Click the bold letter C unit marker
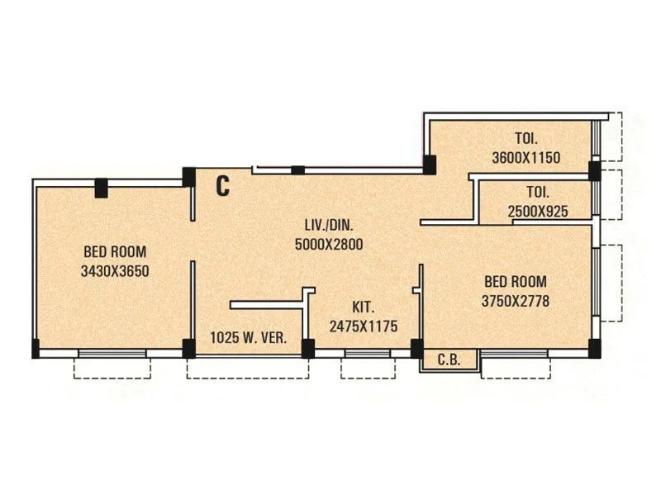tap(222, 186)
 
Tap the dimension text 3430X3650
tap(115, 270)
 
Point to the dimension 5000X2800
tap(329, 244)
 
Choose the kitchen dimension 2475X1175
tap(363, 327)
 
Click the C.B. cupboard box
tap(449, 360)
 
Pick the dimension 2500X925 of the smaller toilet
tap(538, 212)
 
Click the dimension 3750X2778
tap(515, 302)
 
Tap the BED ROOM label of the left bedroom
tap(115, 252)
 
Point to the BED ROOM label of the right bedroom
tap(515, 283)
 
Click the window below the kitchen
tap(367, 354)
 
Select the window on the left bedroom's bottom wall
tap(112, 354)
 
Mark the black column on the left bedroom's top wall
tap(101, 188)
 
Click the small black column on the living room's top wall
tap(297, 170)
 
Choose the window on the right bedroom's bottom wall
tap(515, 354)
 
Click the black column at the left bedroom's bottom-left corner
tap(36, 348)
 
